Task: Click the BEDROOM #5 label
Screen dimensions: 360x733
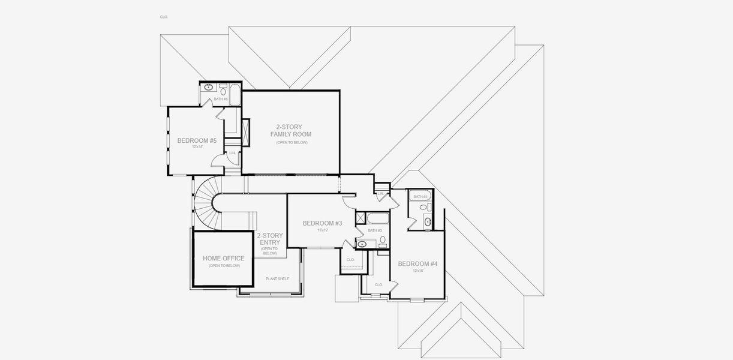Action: tap(196, 141)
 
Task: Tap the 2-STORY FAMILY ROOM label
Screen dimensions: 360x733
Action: tap(290, 130)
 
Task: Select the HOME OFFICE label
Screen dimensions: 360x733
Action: tap(223, 259)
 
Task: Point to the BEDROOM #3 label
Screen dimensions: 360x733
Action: tap(322, 223)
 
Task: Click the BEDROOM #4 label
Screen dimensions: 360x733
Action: tap(417, 264)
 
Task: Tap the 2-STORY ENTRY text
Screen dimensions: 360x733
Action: tap(269, 239)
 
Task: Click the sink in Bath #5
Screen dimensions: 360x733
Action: tap(208, 87)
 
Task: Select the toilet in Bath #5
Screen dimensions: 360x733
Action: tap(223, 91)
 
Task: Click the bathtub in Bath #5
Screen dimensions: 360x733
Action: tap(235, 95)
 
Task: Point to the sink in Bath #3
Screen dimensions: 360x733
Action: tap(362, 244)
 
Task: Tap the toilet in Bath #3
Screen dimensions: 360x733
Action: tap(383, 241)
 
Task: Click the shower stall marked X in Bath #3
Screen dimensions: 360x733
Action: tap(361, 218)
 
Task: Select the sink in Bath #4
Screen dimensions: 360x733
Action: tap(428, 222)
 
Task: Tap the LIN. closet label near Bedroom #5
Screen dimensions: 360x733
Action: tap(233, 153)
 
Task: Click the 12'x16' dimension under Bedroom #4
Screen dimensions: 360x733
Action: tap(418, 271)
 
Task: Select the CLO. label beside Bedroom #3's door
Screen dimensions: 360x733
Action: tap(350, 259)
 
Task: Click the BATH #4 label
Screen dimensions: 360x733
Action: tap(420, 197)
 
